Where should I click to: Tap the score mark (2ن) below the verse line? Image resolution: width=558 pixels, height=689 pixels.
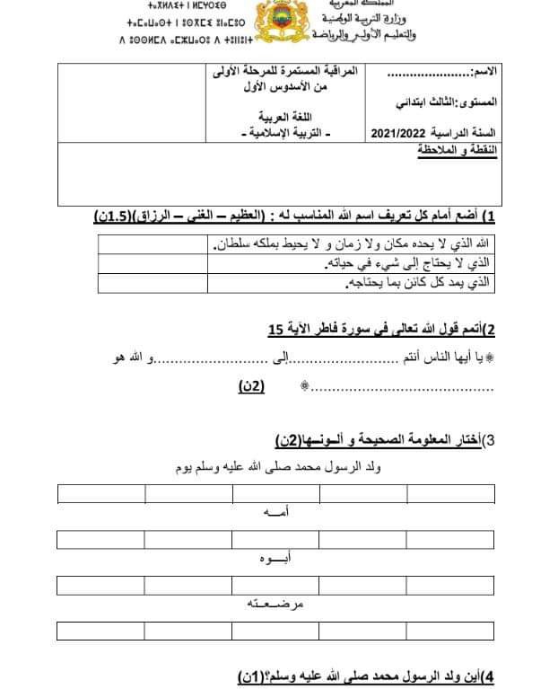tap(248, 386)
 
